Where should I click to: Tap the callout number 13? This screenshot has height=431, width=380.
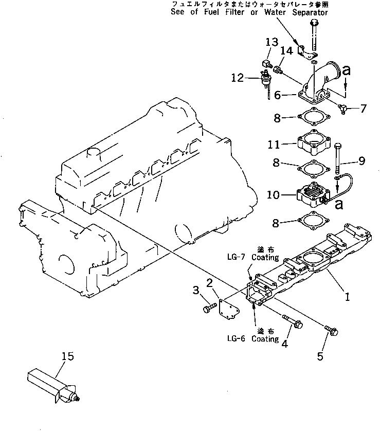coord(272,42)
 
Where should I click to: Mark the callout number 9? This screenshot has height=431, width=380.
coord(361,161)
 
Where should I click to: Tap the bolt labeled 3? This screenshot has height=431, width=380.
coord(208,308)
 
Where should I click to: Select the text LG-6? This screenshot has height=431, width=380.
coord(237,339)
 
